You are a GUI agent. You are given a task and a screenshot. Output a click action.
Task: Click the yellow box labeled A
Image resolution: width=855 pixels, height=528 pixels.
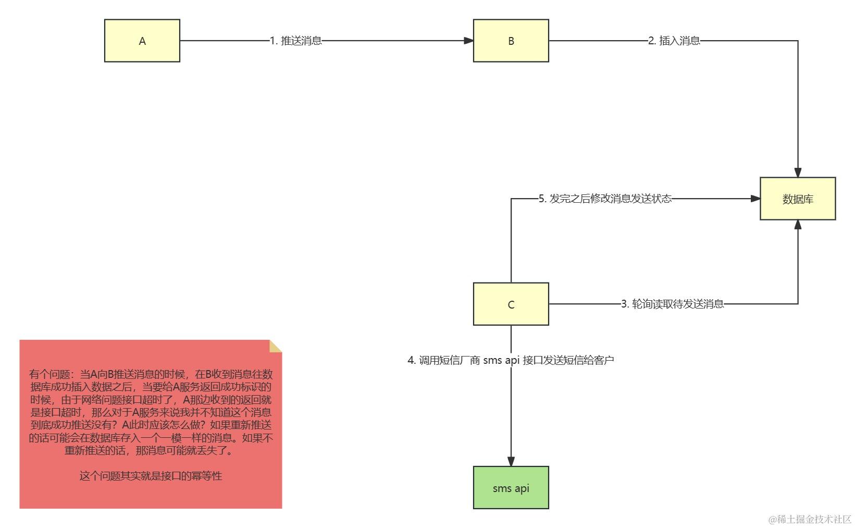pos(142,41)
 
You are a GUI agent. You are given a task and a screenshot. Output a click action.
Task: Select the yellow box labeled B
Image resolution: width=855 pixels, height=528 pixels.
pos(511,41)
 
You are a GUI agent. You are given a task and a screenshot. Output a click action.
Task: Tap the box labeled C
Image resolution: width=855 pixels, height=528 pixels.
pos(511,304)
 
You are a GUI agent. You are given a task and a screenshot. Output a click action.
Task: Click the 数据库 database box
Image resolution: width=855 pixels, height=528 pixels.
pos(797,199)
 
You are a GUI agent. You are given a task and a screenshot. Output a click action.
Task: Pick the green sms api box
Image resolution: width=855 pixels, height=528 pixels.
pos(511,487)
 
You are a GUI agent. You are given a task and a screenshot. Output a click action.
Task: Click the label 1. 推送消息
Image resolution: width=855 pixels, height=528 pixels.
pos(295,41)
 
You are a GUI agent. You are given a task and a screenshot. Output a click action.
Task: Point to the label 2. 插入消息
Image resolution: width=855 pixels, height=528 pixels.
pos(674,41)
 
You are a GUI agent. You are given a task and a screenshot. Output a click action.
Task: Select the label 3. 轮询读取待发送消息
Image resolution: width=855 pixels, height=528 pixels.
pos(672,304)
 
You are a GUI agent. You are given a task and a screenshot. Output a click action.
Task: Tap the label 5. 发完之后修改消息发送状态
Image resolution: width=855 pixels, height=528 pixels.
pos(605,199)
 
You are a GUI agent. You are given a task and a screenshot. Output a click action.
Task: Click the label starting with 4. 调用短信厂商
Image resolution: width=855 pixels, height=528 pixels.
pos(511,360)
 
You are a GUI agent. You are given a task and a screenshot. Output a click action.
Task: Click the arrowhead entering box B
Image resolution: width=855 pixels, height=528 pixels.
pos(468,41)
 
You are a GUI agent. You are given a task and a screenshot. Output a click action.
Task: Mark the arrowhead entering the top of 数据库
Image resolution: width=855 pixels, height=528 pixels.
pos(798,173)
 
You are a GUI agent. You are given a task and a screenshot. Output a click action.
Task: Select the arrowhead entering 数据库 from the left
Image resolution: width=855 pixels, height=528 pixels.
pos(755,199)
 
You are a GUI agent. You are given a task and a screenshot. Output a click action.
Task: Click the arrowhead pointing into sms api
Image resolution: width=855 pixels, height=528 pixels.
pos(511,461)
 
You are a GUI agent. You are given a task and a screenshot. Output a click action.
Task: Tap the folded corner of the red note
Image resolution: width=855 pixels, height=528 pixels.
pos(276,346)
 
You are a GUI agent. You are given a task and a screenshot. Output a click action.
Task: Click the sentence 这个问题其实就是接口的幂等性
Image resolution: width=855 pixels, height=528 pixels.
pos(151,476)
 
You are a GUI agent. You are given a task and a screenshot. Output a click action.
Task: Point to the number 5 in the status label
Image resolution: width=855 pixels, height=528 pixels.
pos(541,199)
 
